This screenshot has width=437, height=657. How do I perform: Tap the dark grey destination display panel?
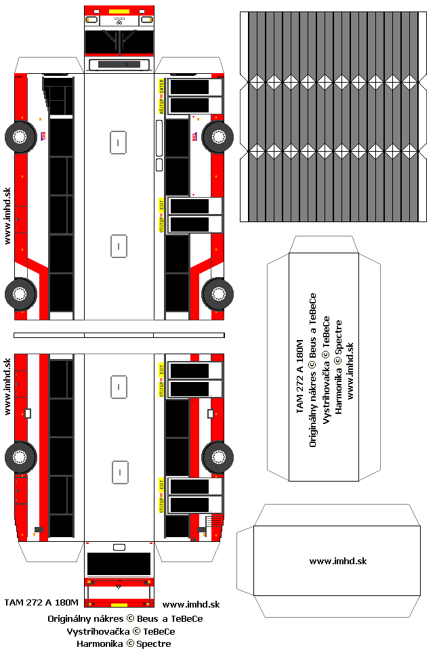(x=119, y=64)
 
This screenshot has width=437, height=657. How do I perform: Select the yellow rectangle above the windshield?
(x=119, y=12)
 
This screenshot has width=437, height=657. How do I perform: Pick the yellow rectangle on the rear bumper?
(x=119, y=604)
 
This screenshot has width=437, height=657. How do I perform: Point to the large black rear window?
(x=119, y=564)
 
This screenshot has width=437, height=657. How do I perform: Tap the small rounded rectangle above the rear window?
(x=119, y=547)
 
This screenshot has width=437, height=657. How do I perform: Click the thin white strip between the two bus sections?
(x=119, y=335)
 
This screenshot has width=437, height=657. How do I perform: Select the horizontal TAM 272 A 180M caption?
(x=41, y=602)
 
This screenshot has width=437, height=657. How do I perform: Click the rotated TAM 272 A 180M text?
(x=299, y=373)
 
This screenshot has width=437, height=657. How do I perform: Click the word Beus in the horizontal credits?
(x=147, y=618)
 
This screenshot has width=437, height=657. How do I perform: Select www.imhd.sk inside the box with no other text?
(x=337, y=561)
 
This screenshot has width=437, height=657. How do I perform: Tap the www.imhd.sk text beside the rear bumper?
(x=191, y=604)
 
